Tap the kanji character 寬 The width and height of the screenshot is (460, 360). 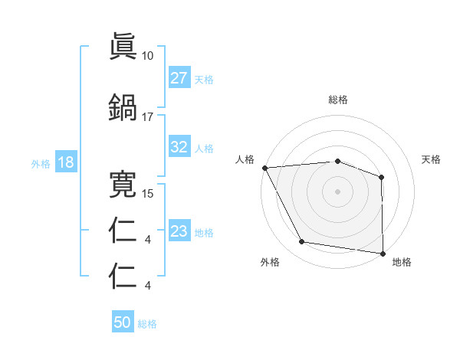[123, 184]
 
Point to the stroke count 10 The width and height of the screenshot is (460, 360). [148, 56]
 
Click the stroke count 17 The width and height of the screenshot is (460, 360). [148, 116]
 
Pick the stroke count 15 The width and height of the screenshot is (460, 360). [148, 194]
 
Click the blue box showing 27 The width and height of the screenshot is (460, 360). [179, 78]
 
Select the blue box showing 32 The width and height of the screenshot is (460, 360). [179, 148]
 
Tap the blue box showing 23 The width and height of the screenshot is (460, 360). [179, 231]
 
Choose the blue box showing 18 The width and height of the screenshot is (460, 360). [64, 163]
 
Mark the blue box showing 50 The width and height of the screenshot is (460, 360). [123, 323]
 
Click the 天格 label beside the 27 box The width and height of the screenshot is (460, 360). [204, 79]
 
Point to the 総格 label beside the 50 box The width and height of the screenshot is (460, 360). [147, 324]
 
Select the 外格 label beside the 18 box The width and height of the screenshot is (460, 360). [41, 164]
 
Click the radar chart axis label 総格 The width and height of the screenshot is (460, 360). [338, 100]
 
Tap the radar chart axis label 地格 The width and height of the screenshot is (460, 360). [402, 263]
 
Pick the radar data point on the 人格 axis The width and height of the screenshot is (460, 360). [264, 168]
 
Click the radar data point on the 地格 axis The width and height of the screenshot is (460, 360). [383, 253]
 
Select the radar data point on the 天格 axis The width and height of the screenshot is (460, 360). [382, 177]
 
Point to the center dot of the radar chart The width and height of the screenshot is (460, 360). [338, 191]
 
